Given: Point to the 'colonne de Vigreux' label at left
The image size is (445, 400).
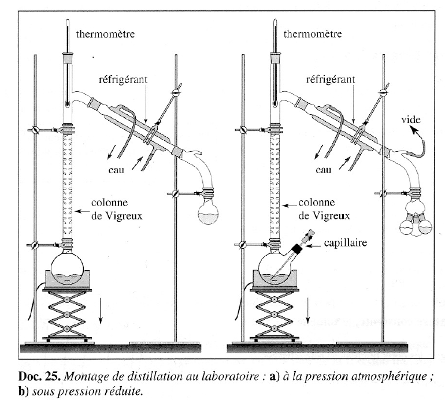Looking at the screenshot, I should point(113,208).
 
